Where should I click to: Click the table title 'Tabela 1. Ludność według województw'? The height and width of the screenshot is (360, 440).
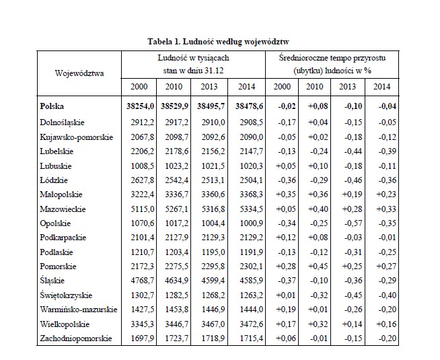[x=218, y=42]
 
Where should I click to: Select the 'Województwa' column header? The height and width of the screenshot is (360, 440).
[x=79, y=73]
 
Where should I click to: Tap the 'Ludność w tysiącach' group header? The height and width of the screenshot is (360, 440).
[x=193, y=58]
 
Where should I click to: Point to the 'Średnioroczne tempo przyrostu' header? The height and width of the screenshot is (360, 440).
[x=332, y=58]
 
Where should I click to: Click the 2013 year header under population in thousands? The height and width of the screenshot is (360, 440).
[x=209, y=87]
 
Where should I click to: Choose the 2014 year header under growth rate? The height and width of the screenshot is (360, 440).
[x=381, y=87]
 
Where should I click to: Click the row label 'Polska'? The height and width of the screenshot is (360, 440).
[x=52, y=106]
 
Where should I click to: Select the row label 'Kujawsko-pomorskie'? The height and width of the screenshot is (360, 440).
[x=76, y=137]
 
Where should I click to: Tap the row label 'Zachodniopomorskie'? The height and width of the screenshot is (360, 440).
[x=76, y=338]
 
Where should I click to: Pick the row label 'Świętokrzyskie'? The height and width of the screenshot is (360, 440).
[x=66, y=295]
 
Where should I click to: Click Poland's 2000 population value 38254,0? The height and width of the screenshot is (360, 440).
[x=140, y=106]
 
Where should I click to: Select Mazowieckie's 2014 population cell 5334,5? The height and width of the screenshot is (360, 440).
[x=251, y=209]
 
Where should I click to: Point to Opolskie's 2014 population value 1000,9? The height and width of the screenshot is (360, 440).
[x=251, y=223]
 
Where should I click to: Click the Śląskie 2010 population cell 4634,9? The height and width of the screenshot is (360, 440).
[x=176, y=281]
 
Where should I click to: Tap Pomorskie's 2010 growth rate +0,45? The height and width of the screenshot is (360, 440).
[x=318, y=266]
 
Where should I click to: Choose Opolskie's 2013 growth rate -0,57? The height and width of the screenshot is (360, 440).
[x=353, y=223]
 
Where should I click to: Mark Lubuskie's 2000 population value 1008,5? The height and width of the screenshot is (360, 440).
[x=142, y=166]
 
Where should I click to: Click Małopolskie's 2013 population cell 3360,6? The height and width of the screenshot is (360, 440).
[x=213, y=194]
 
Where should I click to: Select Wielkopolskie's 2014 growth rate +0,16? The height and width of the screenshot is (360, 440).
[x=386, y=324]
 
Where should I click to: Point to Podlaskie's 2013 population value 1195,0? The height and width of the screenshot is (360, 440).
[x=213, y=252]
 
